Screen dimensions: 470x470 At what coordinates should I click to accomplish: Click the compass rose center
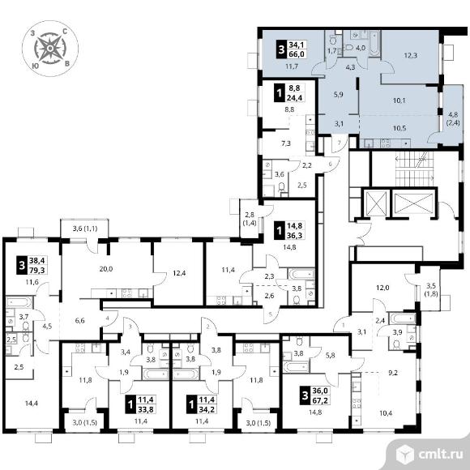coord(50,48)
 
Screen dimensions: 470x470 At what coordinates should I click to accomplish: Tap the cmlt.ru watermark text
coord(440,455)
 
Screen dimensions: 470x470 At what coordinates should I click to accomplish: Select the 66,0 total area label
coord(296,54)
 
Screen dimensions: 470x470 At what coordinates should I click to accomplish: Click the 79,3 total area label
coord(36,270)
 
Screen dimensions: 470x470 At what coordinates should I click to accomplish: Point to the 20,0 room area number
coord(106,269)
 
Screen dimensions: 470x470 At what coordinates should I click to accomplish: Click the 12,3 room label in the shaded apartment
coord(410,55)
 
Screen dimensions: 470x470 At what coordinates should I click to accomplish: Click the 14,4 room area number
coord(32,404)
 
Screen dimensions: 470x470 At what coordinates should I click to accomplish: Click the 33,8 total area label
coord(147,409)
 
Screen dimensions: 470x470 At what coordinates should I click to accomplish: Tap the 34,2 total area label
coord(206,409)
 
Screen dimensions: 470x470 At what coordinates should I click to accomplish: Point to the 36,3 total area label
coord(295,235)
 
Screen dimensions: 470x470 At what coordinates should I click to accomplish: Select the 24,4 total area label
coord(295,98)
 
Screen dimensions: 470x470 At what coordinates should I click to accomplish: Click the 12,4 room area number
coord(179,273)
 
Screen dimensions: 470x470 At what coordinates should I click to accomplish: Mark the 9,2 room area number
coord(393,373)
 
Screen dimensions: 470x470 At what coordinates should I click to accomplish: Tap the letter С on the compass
coord(64,31)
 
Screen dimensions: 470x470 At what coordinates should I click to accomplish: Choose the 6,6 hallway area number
coord(79,320)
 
